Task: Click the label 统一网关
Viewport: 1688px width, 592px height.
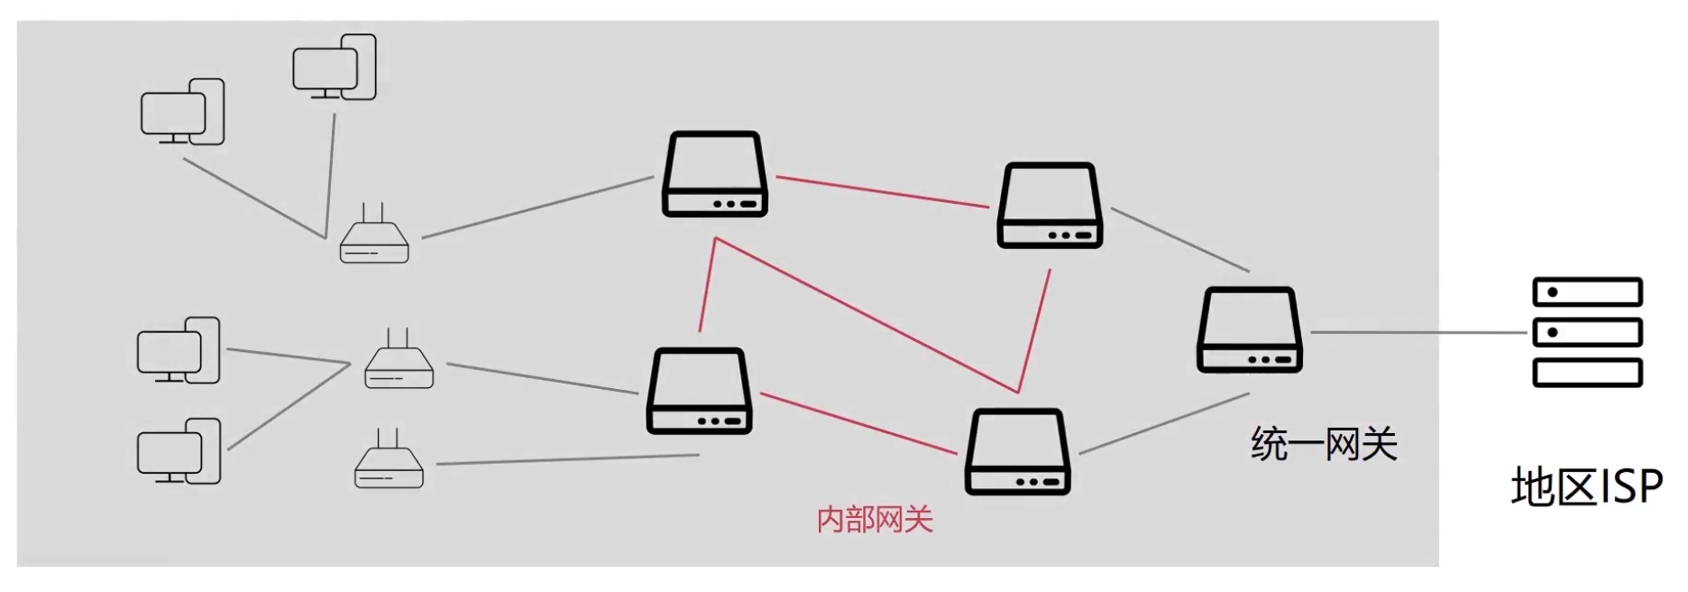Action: click(1323, 444)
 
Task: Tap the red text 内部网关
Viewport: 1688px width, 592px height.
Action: click(874, 519)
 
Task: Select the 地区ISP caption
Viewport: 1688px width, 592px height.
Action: click(1586, 487)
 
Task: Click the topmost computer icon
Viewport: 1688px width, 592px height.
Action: click(334, 68)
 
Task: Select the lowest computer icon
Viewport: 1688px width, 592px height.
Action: click(179, 451)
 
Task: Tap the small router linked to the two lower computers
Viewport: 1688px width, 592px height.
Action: click(399, 362)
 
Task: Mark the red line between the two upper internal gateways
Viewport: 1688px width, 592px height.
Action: click(882, 192)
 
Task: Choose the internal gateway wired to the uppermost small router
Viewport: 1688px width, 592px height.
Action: click(715, 174)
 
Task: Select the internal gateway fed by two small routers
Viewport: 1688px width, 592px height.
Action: click(699, 391)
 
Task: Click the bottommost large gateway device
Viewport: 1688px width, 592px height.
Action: click(1017, 451)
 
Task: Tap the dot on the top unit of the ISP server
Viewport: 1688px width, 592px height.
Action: click(1553, 292)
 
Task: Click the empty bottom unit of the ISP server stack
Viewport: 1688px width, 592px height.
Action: click(1587, 372)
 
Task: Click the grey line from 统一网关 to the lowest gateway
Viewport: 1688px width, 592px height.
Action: click(1163, 422)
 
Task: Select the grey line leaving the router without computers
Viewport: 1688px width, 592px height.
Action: click(568, 459)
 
